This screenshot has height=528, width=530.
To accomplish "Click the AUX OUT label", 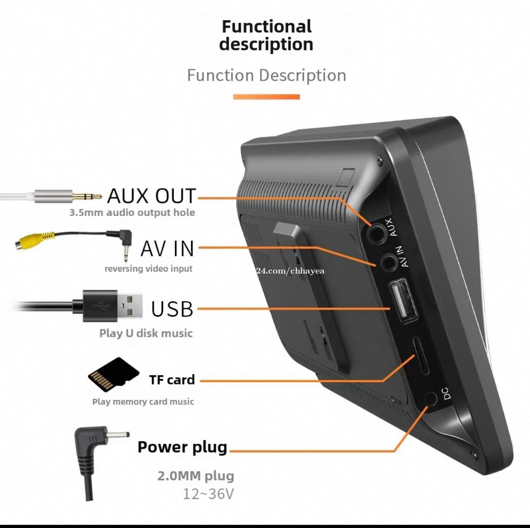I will click(x=151, y=196).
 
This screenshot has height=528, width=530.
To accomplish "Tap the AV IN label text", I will click(x=167, y=249).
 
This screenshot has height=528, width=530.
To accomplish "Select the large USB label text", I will click(x=172, y=309).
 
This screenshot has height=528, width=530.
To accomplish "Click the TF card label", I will click(x=172, y=379).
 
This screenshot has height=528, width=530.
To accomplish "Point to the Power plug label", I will click(x=182, y=447).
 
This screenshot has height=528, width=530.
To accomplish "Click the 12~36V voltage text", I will click(x=208, y=494).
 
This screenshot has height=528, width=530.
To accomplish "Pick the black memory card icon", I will click(x=113, y=375).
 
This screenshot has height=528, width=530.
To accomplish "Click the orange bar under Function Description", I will click(x=266, y=96).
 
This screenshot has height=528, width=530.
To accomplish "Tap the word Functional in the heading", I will click(x=266, y=26).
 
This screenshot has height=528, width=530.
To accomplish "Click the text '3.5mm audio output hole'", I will click(x=132, y=212).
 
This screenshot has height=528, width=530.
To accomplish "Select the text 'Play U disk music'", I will click(x=146, y=333).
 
